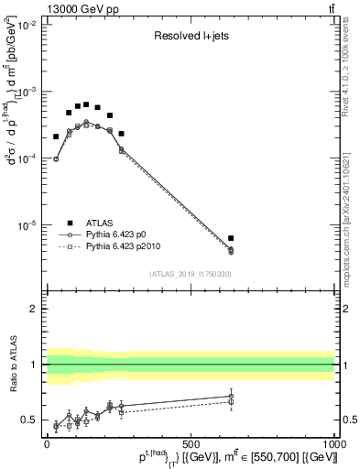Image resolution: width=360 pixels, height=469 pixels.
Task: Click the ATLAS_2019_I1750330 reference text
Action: pyautogui.click(x=191, y=274)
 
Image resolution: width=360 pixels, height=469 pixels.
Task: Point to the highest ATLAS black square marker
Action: pyautogui.click(x=86, y=104)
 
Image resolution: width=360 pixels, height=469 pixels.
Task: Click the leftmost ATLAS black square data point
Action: pyautogui.click(x=56, y=136)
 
